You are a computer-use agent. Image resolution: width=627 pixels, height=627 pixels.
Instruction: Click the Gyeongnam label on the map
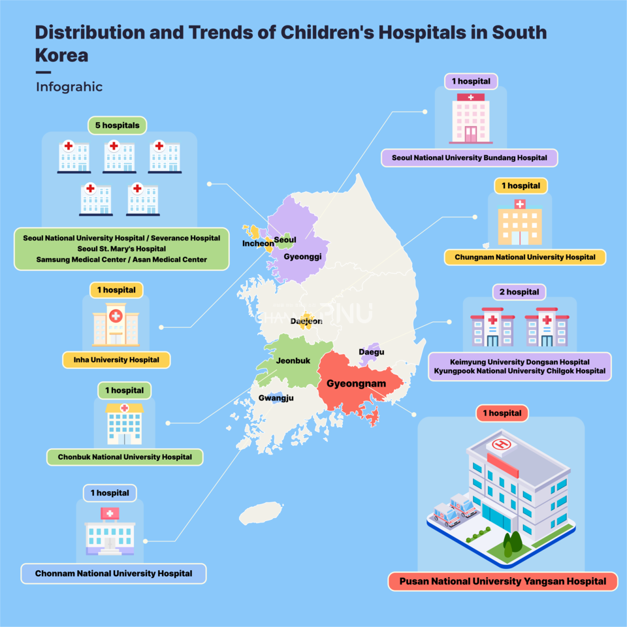tap(356, 383)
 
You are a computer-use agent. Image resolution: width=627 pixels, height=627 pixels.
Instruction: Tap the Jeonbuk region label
tap(293, 361)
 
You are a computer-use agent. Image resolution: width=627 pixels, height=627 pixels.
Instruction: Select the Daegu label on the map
tap(372, 352)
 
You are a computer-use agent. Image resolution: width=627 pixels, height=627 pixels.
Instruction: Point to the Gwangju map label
tap(276, 398)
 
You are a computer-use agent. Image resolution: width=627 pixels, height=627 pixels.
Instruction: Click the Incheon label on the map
tap(258, 244)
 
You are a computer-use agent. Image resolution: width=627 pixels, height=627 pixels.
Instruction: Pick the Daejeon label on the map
tap(306, 321)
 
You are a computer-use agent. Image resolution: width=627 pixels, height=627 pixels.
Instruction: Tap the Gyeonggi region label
tap(302, 257)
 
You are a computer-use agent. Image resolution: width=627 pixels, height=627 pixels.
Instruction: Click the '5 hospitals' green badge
tap(117, 124)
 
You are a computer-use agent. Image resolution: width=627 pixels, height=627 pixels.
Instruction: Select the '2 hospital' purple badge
tap(519, 292)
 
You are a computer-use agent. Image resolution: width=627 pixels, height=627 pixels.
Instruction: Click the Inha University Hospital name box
tap(116, 360)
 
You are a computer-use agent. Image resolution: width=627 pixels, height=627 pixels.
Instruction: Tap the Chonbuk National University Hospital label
tap(125, 457)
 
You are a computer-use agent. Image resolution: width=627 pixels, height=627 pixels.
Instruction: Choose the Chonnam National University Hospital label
tap(114, 573)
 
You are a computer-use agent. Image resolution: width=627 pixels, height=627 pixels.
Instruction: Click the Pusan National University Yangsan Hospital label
tap(502, 581)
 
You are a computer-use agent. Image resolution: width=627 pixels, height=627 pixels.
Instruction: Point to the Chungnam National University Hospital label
tap(525, 257)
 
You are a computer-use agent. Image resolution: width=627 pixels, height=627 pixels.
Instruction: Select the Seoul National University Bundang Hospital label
tap(469, 157)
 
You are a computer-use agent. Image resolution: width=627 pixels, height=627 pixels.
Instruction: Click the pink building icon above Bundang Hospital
tap(470, 118)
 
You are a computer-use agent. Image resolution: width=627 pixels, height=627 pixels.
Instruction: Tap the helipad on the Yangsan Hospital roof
tap(502, 444)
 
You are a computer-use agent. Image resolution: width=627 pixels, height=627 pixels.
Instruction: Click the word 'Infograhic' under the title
tap(69, 87)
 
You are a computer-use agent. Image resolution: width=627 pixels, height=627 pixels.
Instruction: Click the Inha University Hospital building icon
tap(116, 325)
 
